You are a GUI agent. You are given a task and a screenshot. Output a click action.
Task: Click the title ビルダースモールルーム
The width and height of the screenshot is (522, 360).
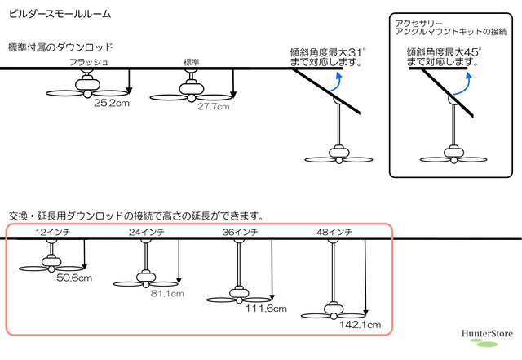[x=60, y=14]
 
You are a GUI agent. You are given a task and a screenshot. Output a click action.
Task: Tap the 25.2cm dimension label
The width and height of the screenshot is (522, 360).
[x=112, y=103]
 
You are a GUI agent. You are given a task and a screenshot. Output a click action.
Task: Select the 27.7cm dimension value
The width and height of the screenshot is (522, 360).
[x=214, y=107]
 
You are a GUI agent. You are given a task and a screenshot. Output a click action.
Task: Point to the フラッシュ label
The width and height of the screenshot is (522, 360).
[x=89, y=62]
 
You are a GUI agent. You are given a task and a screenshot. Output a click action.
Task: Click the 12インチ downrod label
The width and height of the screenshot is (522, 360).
[x=52, y=232]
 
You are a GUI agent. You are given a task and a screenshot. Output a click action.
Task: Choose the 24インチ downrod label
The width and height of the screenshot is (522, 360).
[x=147, y=232]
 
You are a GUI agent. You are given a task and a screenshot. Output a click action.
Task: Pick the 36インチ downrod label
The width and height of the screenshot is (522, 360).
[x=240, y=232]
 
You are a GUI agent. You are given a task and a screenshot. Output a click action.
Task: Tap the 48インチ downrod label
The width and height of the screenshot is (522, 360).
[x=334, y=232]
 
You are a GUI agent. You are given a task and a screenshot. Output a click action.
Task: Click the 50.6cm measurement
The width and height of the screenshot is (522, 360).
[x=74, y=278]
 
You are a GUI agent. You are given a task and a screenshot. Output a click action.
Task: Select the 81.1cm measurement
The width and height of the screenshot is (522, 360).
[x=167, y=294]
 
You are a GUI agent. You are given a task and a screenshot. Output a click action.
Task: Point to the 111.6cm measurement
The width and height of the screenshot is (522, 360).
[x=266, y=309]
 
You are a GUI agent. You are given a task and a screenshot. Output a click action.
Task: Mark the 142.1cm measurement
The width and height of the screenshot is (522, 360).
[x=361, y=325]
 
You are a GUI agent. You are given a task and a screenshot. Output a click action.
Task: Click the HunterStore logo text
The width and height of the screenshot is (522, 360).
[x=487, y=334]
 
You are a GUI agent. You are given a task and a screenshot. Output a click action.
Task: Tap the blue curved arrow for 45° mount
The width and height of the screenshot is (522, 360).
[x=464, y=86]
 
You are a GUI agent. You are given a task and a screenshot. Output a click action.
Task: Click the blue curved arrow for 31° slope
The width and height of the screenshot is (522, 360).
[x=337, y=83]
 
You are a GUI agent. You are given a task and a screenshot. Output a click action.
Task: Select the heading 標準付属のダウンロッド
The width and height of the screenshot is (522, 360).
[x=60, y=47]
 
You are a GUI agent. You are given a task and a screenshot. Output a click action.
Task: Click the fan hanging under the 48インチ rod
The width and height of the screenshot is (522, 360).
[x=334, y=311]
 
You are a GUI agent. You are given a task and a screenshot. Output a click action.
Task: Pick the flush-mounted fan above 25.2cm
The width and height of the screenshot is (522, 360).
[x=87, y=87]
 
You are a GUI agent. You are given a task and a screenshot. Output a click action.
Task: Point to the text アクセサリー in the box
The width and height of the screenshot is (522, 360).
[x=418, y=24]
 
